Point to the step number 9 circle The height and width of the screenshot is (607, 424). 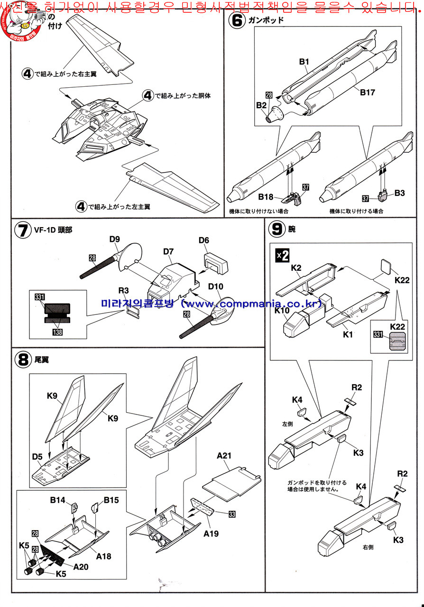tap(276, 230)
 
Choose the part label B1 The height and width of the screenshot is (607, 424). tap(304, 62)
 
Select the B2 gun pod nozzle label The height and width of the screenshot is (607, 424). tap(262, 105)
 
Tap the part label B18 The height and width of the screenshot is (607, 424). tap(266, 196)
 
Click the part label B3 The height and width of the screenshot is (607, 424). tap(399, 193)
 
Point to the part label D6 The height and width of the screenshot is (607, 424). tap(204, 241)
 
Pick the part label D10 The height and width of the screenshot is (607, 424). tap(215, 287)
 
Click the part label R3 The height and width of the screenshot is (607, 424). tap(124, 290)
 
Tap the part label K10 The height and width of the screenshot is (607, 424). tap(282, 311)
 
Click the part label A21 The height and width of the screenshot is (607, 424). tap(224, 456)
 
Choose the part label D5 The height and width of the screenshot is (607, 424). tap(38, 456)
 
